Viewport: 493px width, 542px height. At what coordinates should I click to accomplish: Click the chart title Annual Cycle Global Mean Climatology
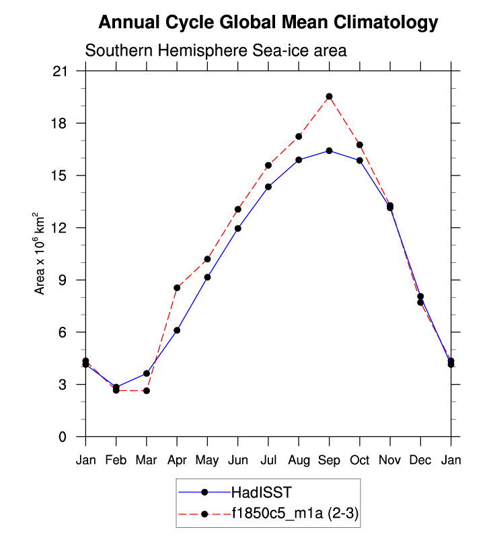pos(268,23)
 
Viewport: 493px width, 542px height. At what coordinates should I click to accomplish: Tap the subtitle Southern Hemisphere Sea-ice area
pos(215,51)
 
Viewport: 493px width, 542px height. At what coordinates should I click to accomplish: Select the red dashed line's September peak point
pos(329,97)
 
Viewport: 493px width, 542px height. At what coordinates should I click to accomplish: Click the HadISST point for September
pos(329,151)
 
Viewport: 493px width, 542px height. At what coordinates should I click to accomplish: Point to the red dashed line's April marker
pos(177,288)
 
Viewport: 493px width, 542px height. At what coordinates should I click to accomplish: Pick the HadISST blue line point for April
pos(177,330)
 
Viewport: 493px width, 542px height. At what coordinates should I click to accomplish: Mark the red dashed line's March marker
pos(147,391)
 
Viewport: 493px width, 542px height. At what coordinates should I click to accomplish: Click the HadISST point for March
pos(147,373)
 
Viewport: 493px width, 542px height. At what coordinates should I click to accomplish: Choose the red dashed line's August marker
pos(299,137)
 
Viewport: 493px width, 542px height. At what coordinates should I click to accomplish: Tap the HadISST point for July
pos(268,187)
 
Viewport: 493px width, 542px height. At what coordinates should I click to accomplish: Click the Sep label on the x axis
pos(329,461)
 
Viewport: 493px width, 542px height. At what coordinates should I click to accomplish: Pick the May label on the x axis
pos(207,461)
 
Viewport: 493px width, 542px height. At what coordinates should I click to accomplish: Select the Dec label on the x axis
pos(420,461)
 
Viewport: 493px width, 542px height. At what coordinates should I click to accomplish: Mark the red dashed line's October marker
pos(360,145)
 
